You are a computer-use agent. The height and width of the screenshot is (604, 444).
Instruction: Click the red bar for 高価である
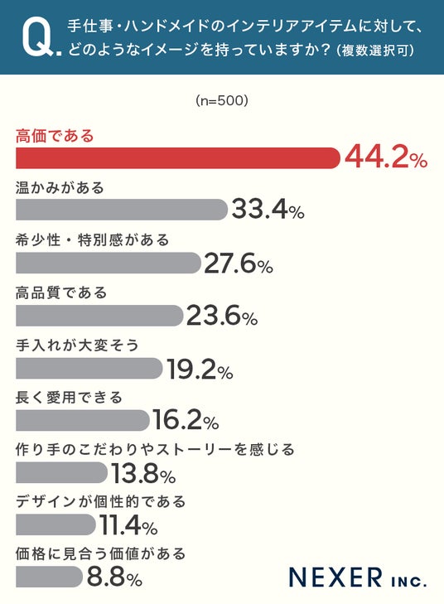(x=178, y=158)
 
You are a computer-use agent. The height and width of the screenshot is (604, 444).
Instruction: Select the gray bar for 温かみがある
(x=122, y=210)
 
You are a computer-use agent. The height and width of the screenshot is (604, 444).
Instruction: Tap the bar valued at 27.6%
(x=109, y=263)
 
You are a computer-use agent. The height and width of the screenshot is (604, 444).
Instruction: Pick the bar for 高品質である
(x=99, y=316)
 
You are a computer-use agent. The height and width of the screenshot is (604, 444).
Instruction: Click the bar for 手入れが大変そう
(x=89, y=368)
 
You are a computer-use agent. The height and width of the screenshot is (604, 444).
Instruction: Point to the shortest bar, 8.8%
(x=50, y=577)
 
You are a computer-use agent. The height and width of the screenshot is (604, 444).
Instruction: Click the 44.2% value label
(x=386, y=158)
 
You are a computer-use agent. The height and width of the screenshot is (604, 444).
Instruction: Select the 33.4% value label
(x=268, y=210)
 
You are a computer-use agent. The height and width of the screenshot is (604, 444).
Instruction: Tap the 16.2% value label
(x=186, y=420)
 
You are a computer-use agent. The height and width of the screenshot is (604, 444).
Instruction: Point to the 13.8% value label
(x=143, y=473)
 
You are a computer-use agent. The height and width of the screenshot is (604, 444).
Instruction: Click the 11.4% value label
(x=128, y=525)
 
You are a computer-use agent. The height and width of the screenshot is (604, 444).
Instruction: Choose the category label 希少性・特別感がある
(x=93, y=240)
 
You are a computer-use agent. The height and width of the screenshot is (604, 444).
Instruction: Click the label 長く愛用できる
(x=69, y=397)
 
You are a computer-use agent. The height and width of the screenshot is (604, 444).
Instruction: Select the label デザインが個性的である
(x=101, y=501)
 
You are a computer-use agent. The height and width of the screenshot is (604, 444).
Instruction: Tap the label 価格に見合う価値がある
(x=101, y=554)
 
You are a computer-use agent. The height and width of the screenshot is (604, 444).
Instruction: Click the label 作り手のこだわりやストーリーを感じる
(x=155, y=449)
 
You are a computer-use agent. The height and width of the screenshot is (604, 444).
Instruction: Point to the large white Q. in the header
(x=41, y=37)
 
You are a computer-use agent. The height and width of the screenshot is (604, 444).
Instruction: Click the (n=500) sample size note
(x=222, y=101)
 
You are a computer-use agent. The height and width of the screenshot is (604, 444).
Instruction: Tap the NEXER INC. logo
(x=358, y=577)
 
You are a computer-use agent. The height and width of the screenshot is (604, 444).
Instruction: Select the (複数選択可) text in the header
(x=375, y=50)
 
